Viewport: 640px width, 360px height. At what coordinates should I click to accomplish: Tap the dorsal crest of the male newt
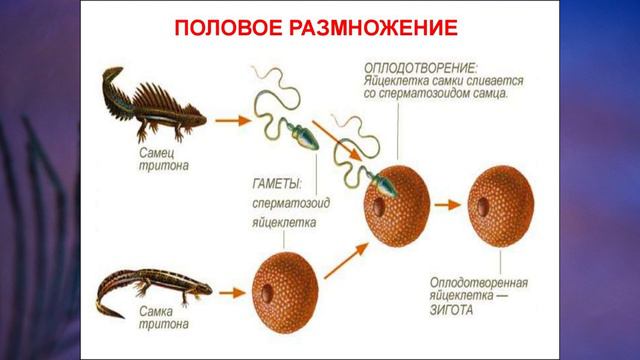coord(165,90)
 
